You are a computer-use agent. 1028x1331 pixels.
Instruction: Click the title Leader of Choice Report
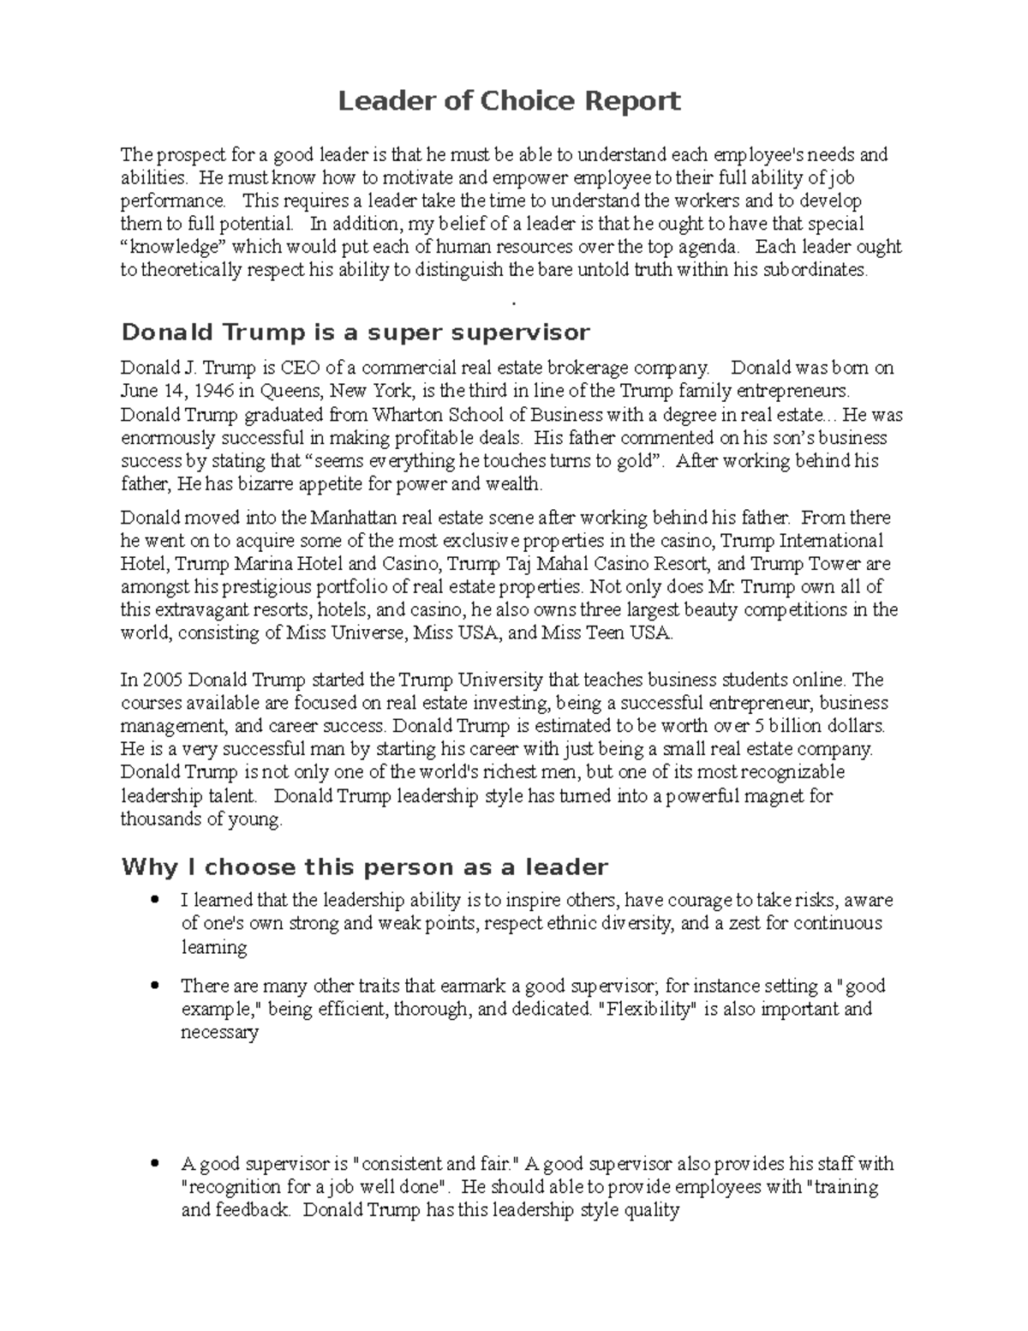509,102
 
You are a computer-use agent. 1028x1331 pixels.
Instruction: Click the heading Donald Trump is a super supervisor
356,332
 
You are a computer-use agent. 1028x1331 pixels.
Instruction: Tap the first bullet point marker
154,900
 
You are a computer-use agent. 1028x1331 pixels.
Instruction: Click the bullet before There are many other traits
154,986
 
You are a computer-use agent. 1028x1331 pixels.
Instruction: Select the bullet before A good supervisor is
154,1164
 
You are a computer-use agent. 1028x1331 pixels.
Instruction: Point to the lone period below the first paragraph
512,303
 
